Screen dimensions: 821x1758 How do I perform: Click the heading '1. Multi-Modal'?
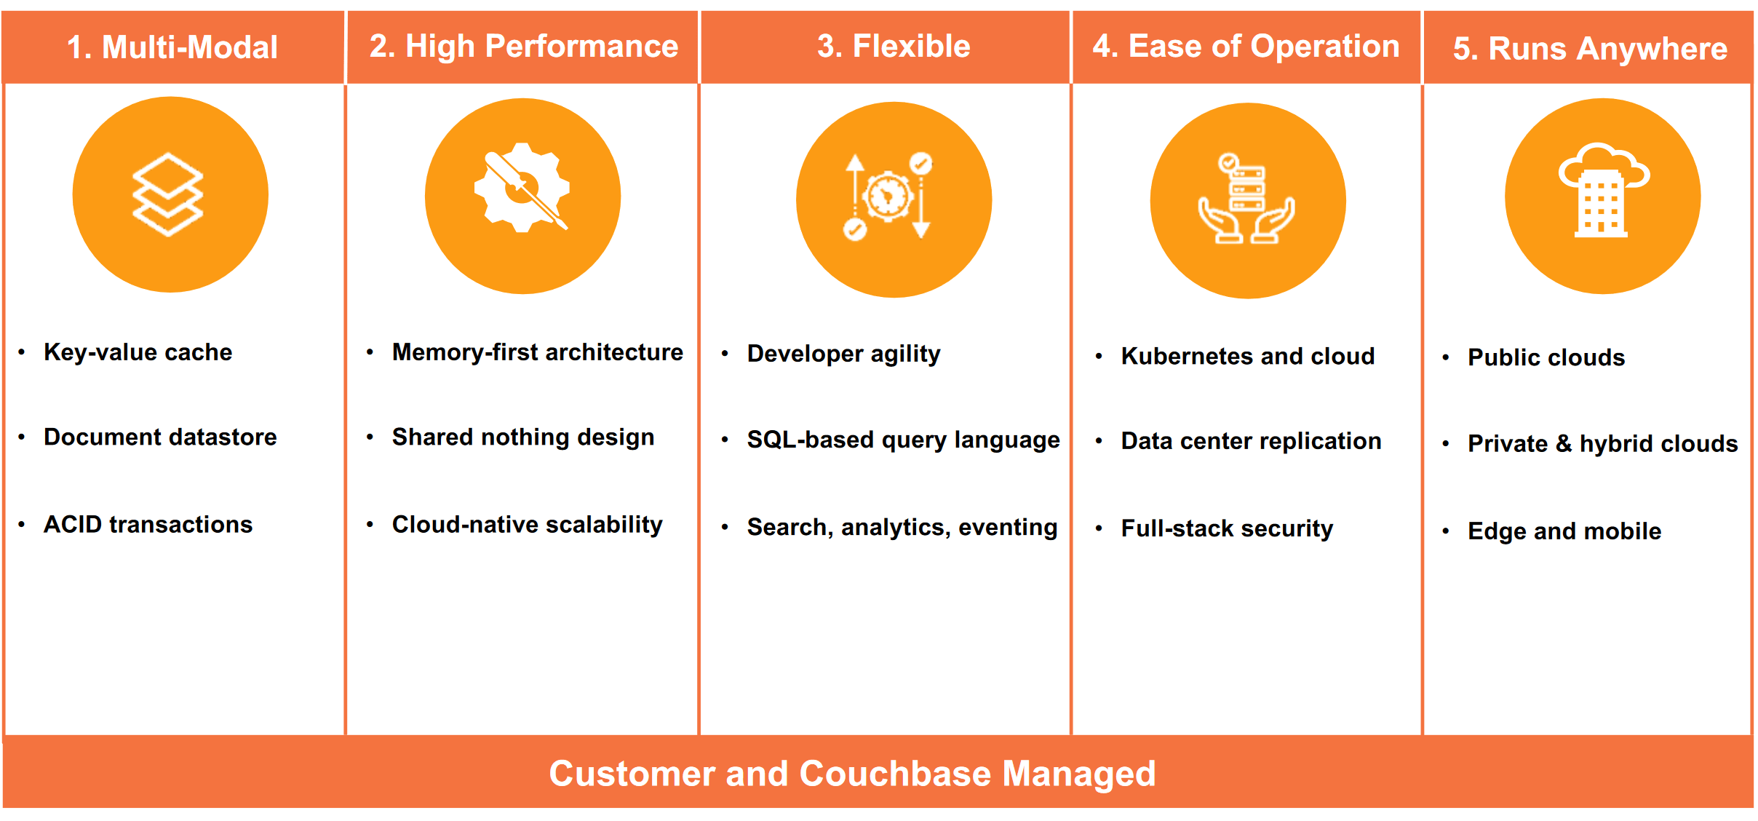click(172, 48)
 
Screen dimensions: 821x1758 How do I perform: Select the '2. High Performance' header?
click(523, 47)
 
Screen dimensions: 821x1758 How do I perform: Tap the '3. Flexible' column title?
click(894, 47)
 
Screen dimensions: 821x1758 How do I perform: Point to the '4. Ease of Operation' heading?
click(1246, 47)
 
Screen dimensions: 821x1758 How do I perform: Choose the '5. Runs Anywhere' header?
click(1590, 49)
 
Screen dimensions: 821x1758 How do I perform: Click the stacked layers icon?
click(168, 194)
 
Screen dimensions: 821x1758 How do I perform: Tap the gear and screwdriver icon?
click(522, 189)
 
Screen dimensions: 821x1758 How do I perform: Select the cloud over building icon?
click(1603, 191)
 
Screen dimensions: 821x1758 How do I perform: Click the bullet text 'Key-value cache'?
click(138, 352)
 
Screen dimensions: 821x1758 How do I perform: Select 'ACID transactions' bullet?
click(148, 525)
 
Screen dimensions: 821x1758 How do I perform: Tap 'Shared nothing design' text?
click(522, 437)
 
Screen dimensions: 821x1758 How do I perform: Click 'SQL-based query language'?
click(903, 440)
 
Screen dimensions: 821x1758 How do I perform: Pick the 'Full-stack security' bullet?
click(1227, 528)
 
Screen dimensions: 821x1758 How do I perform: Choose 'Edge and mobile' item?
click(1564, 531)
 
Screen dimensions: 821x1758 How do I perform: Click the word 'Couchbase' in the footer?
click(895, 774)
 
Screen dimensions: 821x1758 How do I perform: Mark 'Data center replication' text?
click(1251, 441)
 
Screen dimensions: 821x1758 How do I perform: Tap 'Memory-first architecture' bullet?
click(537, 352)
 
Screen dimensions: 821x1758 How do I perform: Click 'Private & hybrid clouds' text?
click(1602, 444)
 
